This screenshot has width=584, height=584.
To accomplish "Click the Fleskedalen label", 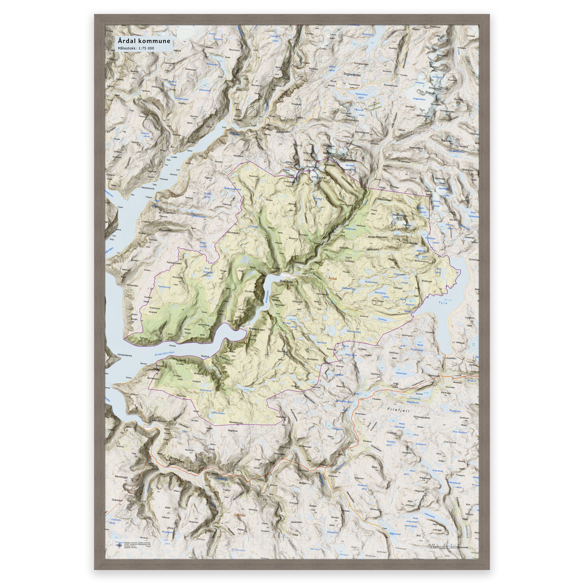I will point(388,200).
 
